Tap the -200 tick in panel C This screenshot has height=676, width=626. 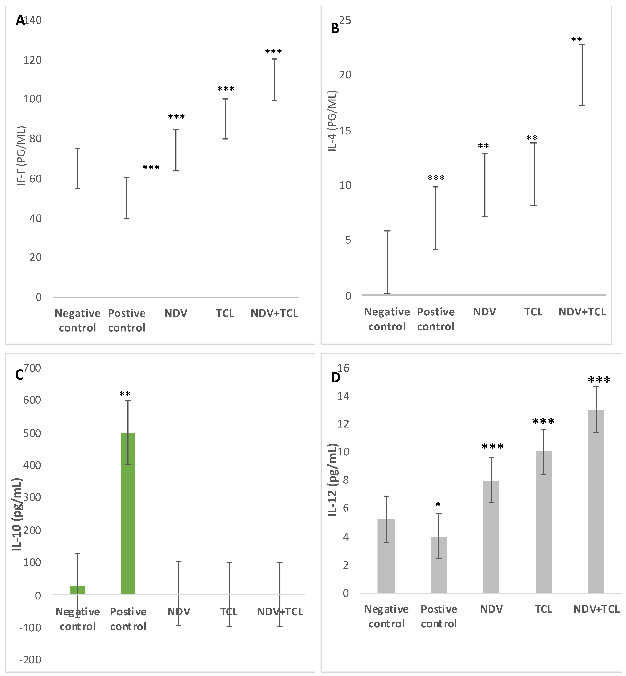(x=30, y=659)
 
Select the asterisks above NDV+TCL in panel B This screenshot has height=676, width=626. (x=577, y=40)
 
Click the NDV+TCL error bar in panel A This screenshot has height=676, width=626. (x=274, y=80)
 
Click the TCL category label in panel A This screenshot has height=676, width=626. (x=225, y=313)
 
